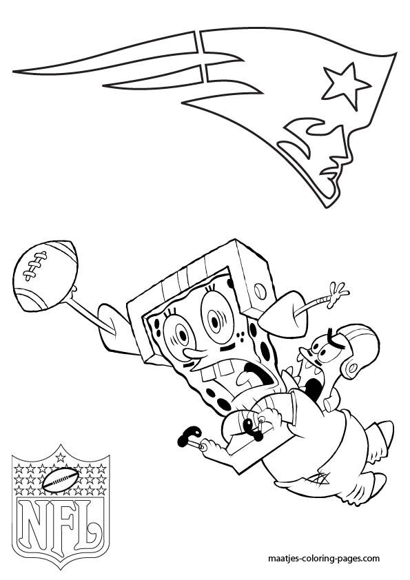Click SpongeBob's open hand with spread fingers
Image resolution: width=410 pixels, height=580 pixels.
336,290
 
